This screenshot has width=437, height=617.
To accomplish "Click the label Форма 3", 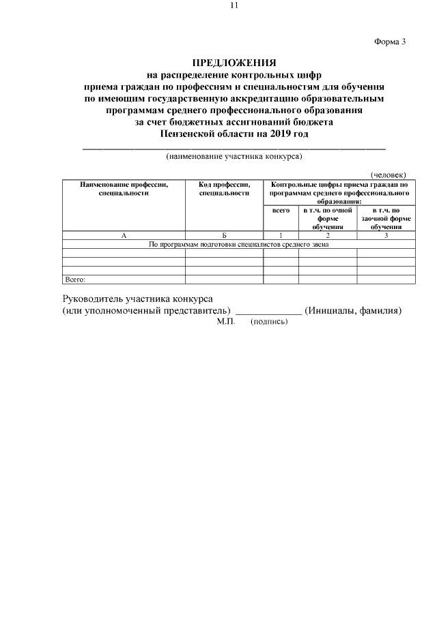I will pos(390,42).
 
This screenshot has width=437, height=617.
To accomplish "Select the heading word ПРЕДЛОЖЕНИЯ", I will pos(234,63).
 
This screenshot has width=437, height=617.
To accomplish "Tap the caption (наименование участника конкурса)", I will pos(234,156).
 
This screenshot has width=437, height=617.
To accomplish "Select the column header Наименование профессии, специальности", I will pos(124,189).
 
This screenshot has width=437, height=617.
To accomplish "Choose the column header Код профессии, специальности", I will pos(225,189).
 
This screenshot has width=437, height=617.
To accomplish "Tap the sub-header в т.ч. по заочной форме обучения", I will pos(386,218).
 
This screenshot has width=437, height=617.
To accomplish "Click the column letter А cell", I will pos(124,235).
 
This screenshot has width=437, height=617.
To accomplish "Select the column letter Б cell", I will pos(225,235).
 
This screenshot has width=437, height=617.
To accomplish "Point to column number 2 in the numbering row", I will pos(328,235).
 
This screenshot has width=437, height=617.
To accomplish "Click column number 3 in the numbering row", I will pos(386,235).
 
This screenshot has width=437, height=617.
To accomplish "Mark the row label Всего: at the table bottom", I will pos(74,279).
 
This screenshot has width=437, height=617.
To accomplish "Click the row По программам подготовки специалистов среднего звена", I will pos(239,244).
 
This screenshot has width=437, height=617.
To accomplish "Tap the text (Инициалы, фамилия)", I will pos(352,311).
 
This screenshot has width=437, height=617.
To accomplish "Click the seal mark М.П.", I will pos(225,322).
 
